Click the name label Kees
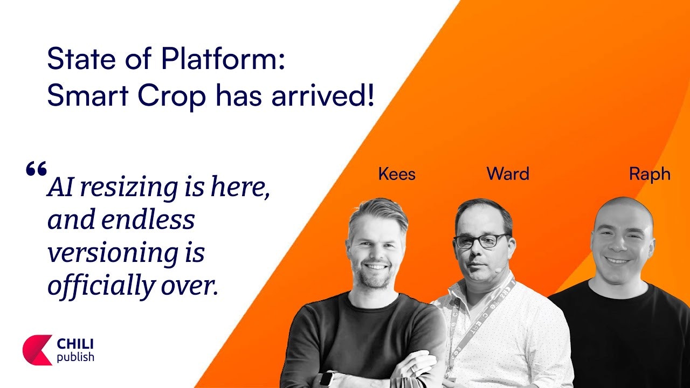click(397, 174)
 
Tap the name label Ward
click(508, 174)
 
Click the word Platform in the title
click(223, 59)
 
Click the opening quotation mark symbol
click(36, 168)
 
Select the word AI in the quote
click(60, 187)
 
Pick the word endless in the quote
click(148, 219)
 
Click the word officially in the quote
click(101, 286)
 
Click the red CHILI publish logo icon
click(37, 350)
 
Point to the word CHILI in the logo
click(75, 344)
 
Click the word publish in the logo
click(75, 357)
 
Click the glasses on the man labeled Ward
click(481, 241)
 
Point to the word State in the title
click(82, 59)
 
